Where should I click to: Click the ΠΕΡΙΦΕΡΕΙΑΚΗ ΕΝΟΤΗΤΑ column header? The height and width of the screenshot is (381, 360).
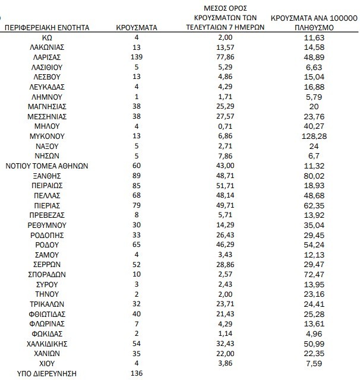coord(47,27)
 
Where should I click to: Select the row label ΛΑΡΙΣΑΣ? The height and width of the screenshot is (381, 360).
coord(47,57)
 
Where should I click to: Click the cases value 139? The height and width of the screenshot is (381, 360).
coord(137,57)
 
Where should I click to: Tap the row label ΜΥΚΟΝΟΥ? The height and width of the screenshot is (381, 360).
coord(47,136)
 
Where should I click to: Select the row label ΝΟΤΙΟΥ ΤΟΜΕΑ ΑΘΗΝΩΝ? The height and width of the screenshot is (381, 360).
coord(47,166)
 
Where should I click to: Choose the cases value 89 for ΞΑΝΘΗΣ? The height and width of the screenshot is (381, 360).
coord(137,176)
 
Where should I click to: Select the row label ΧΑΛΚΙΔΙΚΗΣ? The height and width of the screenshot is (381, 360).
coord(47,344)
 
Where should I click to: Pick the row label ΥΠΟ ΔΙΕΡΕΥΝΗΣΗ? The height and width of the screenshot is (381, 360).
coord(47,373)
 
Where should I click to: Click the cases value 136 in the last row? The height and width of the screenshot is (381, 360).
coord(137,373)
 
